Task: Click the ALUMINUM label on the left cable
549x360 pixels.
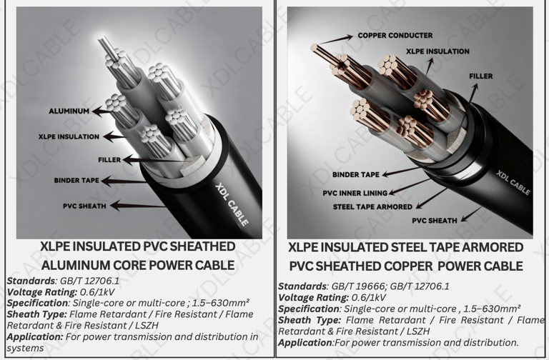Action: tap(69, 111)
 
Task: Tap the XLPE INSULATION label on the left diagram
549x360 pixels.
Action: tap(69, 137)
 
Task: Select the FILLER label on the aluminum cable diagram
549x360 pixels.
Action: tap(109, 160)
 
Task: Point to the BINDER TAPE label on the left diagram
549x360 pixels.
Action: tap(76, 181)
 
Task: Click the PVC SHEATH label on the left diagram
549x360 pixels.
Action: tap(84, 206)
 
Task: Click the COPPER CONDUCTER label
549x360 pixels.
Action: tap(395, 36)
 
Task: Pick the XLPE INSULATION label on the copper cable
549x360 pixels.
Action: tap(437, 51)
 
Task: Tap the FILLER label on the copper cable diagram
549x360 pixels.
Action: tap(480, 76)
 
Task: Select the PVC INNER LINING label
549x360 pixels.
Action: tap(355, 193)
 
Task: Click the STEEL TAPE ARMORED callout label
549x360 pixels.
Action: tap(372, 207)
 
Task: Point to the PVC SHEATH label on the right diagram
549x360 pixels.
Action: tap(435, 221)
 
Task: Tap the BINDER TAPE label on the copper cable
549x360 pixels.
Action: tap(356, 174)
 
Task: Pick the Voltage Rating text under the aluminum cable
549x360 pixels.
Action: tap(41, 292)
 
